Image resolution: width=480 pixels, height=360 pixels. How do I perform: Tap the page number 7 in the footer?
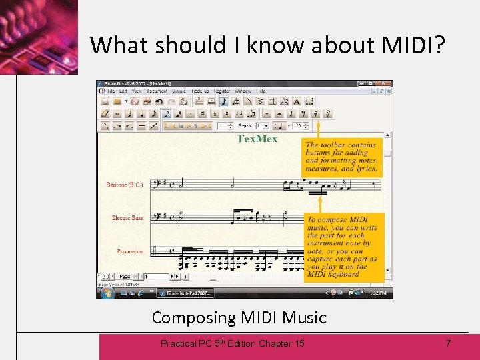448,343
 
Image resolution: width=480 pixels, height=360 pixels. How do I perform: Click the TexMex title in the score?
257,139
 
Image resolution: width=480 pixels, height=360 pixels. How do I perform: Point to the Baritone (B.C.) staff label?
125,185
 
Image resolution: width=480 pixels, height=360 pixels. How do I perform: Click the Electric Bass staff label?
127,218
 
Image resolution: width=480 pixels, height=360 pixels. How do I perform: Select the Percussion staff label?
129,251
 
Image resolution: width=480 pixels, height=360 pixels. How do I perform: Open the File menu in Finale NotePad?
111,91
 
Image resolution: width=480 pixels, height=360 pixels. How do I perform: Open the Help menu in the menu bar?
261,91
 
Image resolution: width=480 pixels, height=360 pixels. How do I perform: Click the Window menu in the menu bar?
243,91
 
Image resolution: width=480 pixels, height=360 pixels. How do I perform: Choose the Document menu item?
157,91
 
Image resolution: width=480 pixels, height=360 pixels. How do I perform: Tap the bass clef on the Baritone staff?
156,183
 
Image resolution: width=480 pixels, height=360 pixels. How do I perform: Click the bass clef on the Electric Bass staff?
156,217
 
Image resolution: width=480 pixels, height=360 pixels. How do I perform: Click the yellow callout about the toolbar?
342,157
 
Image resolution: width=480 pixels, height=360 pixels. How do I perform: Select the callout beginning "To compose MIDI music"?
343,246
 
